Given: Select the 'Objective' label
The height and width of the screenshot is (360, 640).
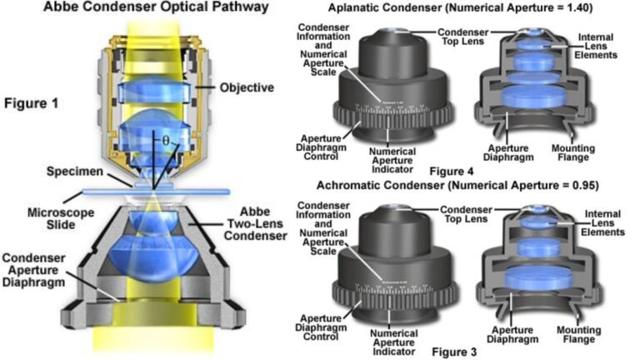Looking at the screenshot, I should tap(247, 87).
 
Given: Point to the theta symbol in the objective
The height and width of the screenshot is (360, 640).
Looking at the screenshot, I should tap(165, 142).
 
